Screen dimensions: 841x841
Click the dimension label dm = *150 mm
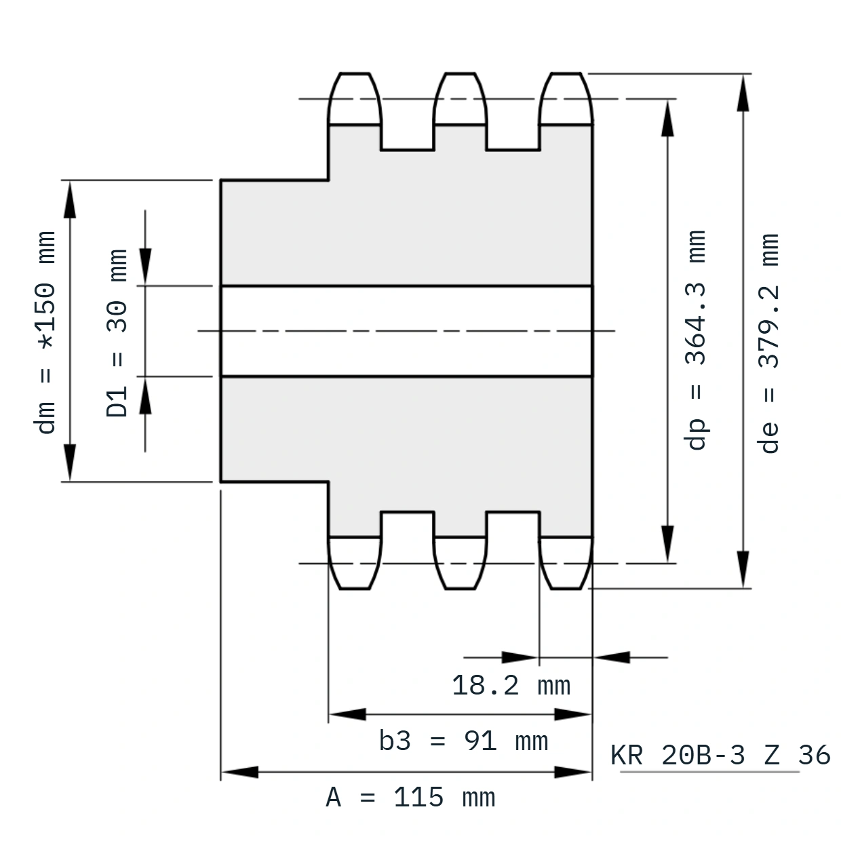click(45, 333)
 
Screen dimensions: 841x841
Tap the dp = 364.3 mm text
click(695, 340)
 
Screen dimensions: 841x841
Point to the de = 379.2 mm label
click(768, 343)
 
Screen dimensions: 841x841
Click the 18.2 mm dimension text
click(511, 686)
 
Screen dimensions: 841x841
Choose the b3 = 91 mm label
click(463, 741)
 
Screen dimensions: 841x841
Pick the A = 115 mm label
click(411, 798)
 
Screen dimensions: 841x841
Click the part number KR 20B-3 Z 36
click(720, 756)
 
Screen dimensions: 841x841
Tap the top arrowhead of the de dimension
click(743, 93)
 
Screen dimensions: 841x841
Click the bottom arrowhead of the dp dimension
click(668, 544)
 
